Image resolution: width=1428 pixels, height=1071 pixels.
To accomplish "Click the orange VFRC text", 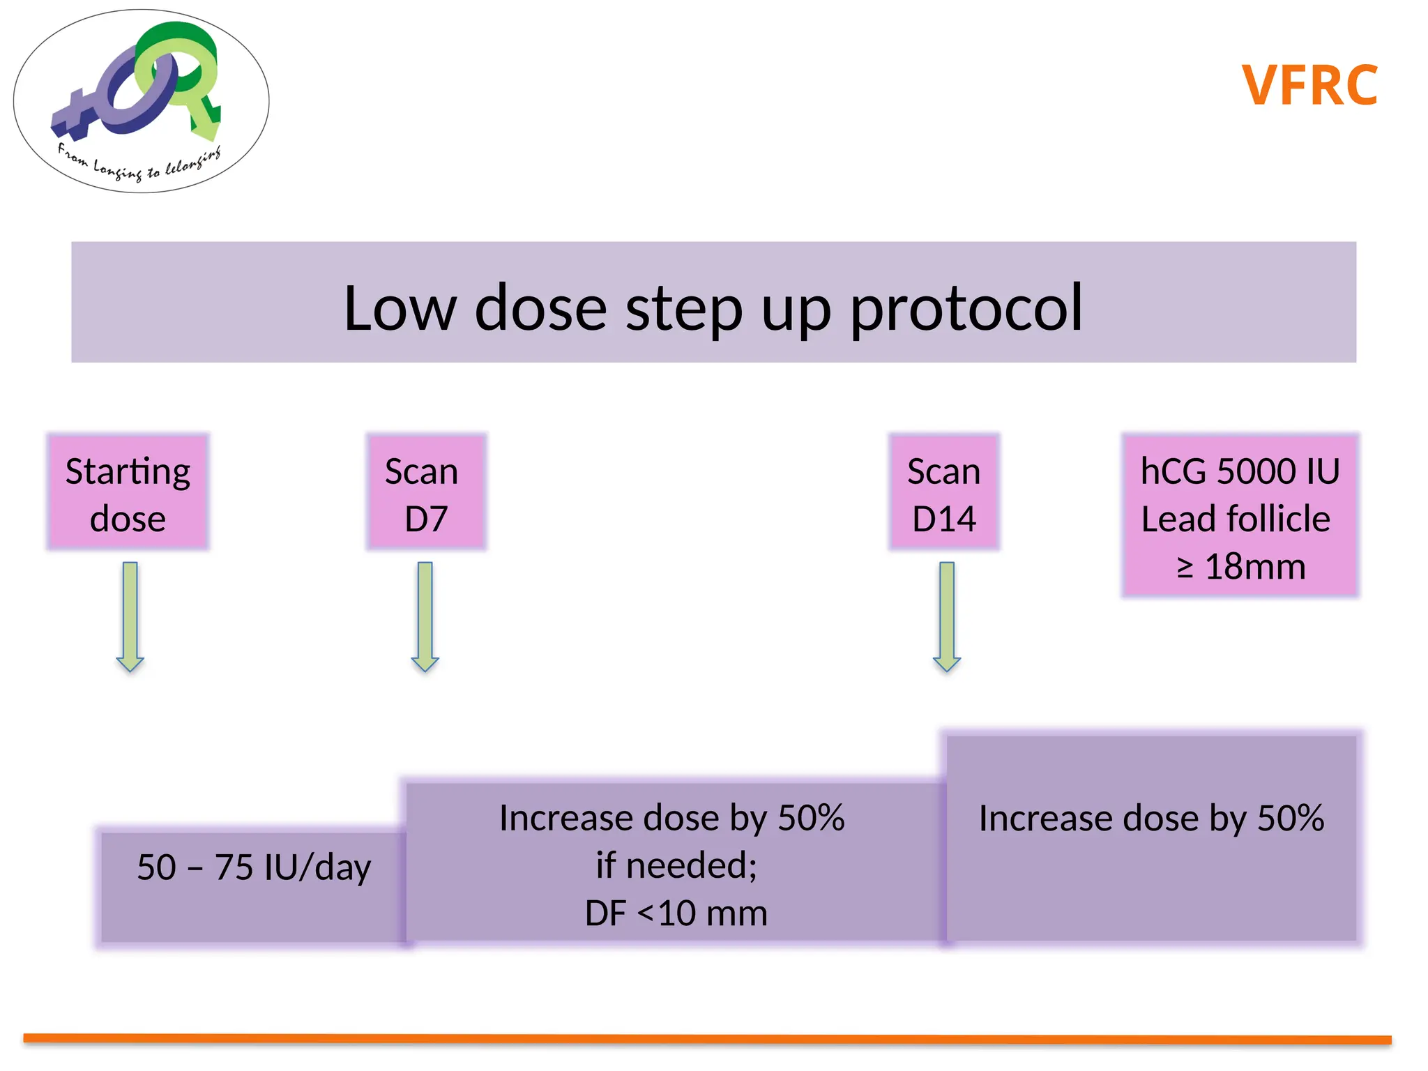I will tap(1309, 85).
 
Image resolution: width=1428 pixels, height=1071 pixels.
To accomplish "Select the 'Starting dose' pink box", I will tap(128, 492).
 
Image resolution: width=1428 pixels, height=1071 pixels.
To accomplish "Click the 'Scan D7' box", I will tap(426, 492).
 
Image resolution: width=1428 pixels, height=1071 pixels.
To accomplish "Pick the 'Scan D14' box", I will tap(944, 492).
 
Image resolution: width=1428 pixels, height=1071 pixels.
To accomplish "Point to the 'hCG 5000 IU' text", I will tap(1240, 471).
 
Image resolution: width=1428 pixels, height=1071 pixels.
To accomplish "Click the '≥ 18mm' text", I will tap(1240, 566).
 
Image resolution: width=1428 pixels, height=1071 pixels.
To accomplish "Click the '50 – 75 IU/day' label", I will tap(254, 867).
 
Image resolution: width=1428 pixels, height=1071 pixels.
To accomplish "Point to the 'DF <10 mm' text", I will tap(676, 913).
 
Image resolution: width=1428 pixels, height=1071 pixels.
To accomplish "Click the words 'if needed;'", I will tap(676, 865).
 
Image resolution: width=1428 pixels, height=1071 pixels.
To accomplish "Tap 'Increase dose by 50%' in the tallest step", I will tap(1151, 819).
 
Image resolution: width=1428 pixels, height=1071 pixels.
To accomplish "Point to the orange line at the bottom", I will tap(707, 1039).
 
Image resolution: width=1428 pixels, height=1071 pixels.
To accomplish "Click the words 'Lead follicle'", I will tap(1236, 519).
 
